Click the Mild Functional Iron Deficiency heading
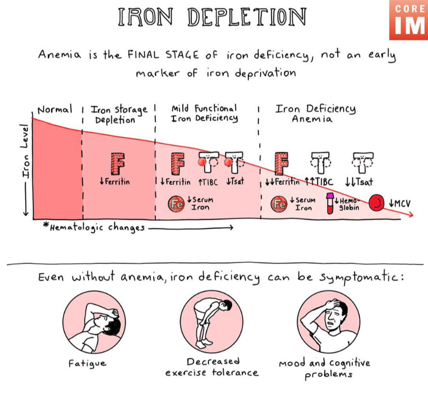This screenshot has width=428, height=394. [204, 113]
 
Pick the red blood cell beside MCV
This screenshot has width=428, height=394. [376, 203]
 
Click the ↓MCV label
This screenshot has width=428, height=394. [399, 203]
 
